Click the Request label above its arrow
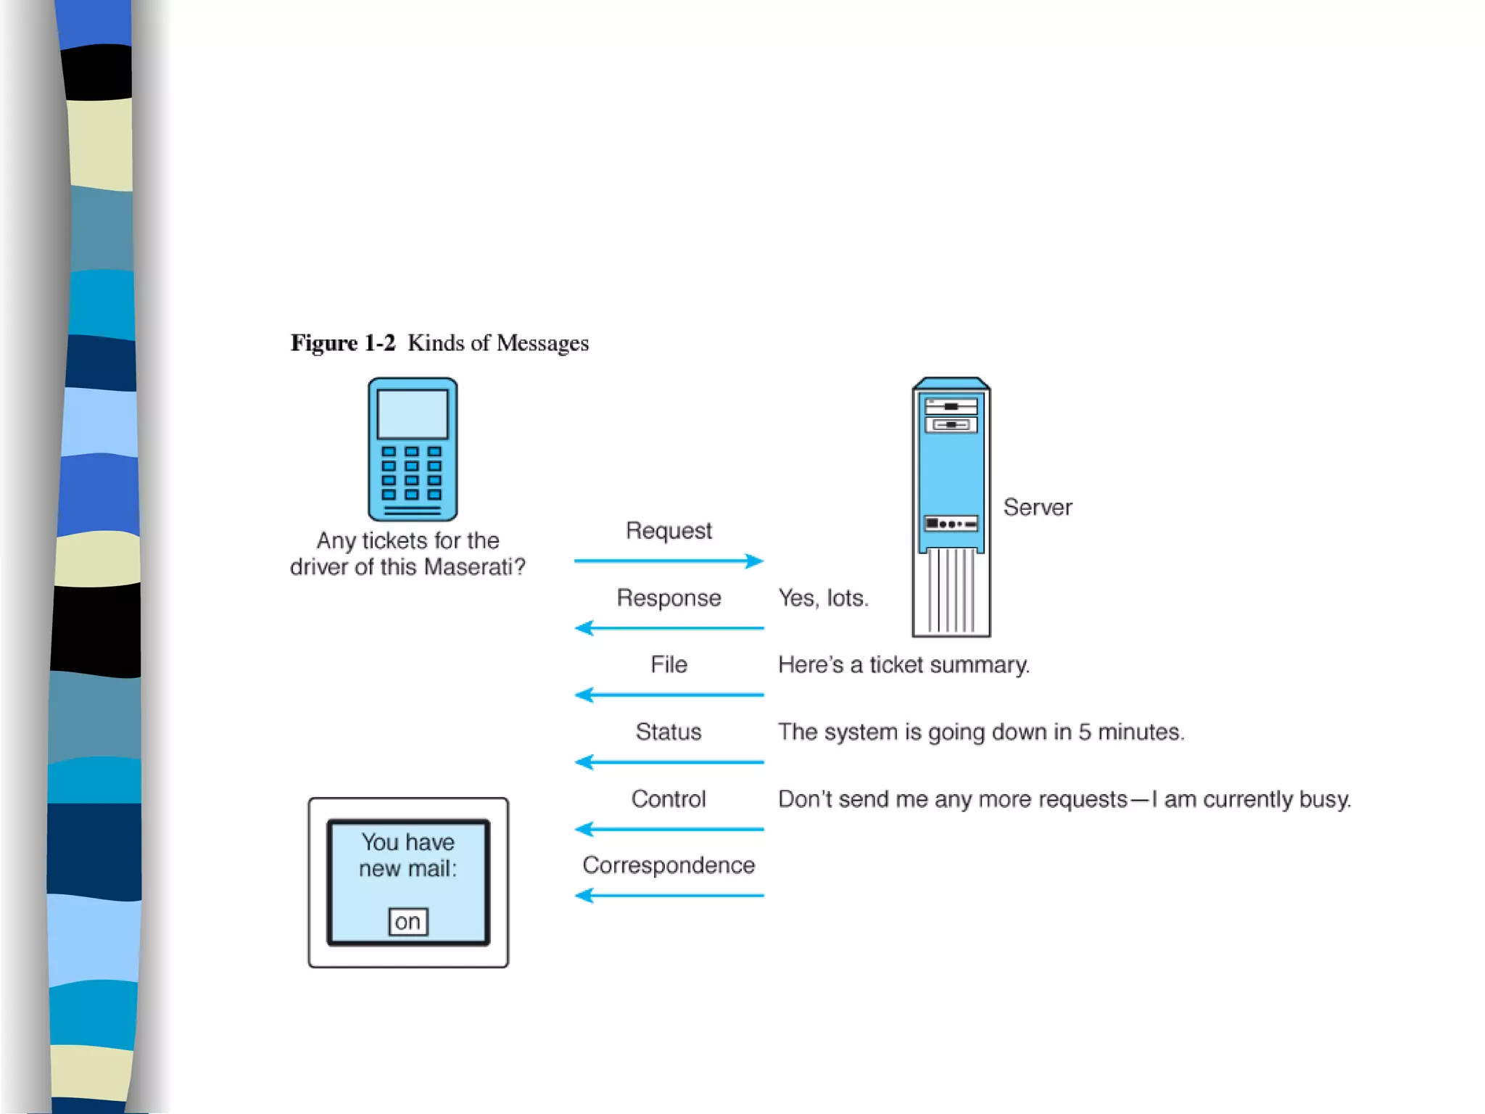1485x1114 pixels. click(x=669, y=530)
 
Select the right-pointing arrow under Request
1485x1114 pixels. click(x=669, y=561)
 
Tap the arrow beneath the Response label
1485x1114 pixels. click(x=669, y=628)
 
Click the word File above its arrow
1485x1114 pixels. click(x=669, y=664)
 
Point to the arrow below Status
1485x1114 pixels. click(x=669, y=762)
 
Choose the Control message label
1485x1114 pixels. click(x=669, y=799)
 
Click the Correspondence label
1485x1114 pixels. click(x=669, y=865)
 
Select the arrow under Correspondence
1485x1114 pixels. click(x=669, y=896)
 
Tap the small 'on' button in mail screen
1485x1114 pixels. click(x=408, y=922)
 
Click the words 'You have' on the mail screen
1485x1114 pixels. click(x=408, y=842)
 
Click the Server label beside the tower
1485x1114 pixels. click(x=1038, y=507)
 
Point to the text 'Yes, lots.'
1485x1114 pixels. click(x=823, y=598)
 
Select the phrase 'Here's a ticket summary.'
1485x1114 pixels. click(x=903, y=664)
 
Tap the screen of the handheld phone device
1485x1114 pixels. click(x=412, y=414)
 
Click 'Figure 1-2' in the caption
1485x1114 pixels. click(x=343, y=342)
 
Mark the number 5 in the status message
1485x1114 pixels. click(x=1084, y=732)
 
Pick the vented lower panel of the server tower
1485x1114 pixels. click(x=951, y=591)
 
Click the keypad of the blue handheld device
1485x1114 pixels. click(x=411, y=473)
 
